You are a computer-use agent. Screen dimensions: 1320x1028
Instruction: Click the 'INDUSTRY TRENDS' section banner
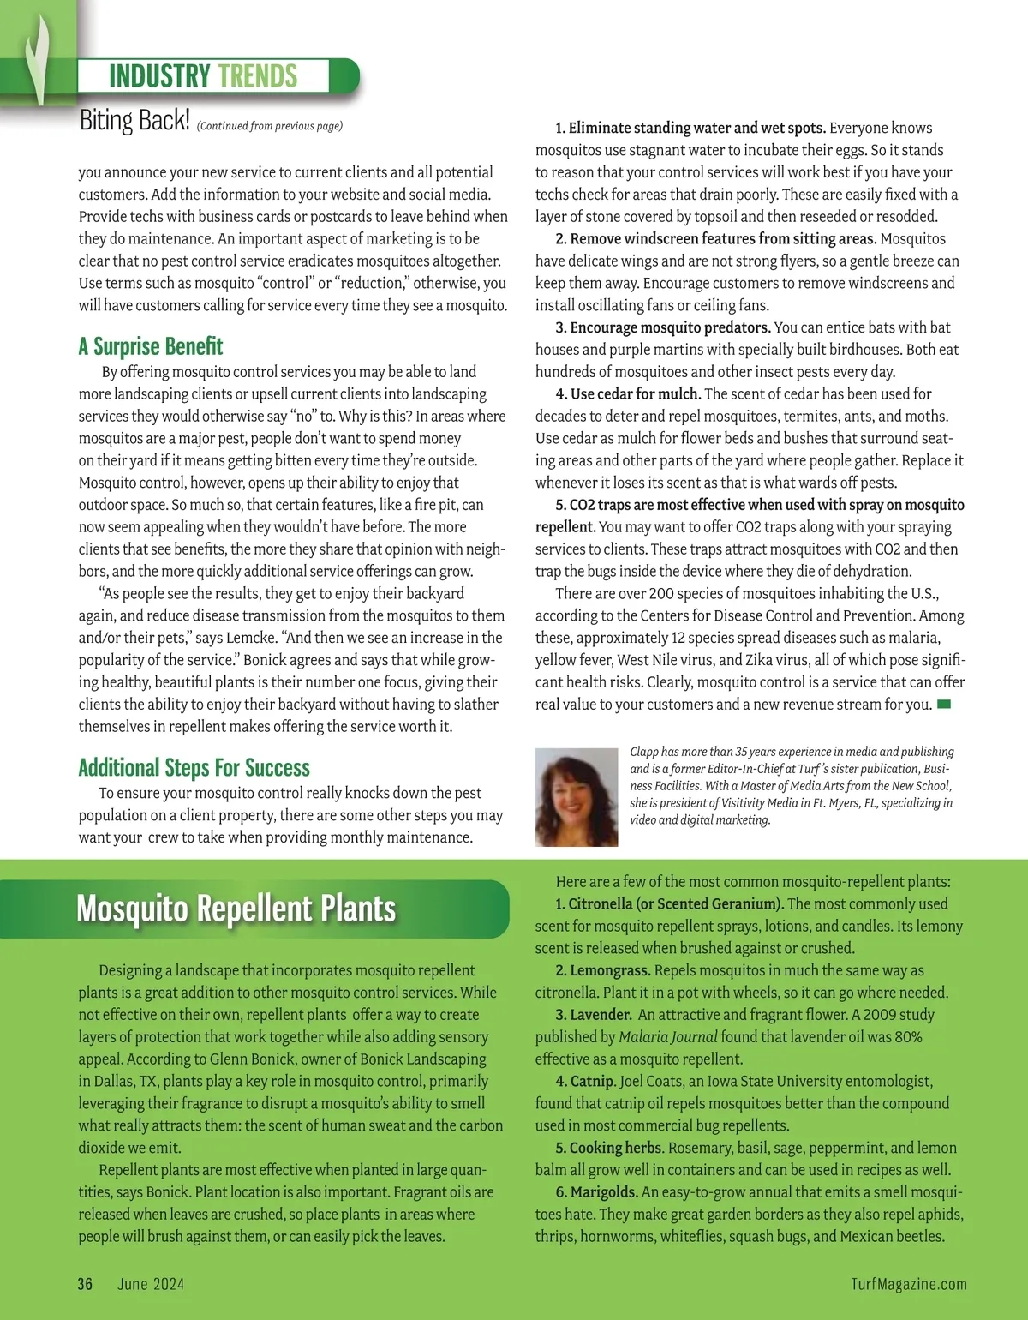coord(203,76)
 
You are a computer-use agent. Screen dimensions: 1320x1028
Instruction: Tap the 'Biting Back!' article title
coord(134,121)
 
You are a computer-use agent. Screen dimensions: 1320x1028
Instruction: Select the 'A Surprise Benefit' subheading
coord(151,346)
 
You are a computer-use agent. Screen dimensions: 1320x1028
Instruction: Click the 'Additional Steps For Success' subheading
coord(194,767)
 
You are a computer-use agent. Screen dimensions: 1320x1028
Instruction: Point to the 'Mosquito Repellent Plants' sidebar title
coord(236,909)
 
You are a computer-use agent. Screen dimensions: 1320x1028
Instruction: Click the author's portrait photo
coord(577,797)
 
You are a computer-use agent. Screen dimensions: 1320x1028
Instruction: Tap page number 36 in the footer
coord(85,1283)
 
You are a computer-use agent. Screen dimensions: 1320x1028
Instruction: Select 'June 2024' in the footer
coord(151,1283)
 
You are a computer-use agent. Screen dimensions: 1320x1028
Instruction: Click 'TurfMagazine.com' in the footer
coord(909,1283)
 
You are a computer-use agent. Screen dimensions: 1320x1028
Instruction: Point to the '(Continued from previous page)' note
coord(270,126)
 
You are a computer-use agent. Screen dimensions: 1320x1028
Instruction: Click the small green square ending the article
coord(944,705)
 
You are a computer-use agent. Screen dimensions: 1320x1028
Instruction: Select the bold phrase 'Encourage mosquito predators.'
coord(671,327)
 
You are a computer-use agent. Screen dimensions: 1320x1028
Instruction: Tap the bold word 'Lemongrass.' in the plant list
coord(610,970)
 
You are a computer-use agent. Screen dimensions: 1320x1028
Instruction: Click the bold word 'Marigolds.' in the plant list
coord(604,1192)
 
